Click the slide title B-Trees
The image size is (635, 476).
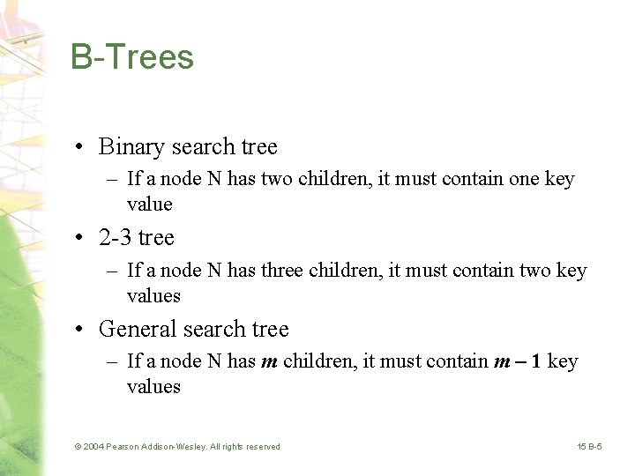[132, 57]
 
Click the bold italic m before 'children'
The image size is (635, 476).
[269, 361]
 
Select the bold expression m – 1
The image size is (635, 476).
[519, 361]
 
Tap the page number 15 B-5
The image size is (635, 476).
[590, 447]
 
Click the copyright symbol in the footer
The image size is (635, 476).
[78, 447]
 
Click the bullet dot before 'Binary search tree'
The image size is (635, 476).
[79, 147]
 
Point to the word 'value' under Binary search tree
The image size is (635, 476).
[150, 205]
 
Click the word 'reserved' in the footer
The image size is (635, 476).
[262, 447]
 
